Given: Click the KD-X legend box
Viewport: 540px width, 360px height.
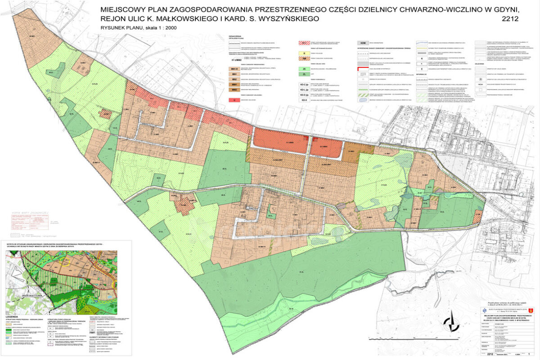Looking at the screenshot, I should click(306, 100).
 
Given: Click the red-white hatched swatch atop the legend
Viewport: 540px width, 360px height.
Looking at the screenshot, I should click(306, 42).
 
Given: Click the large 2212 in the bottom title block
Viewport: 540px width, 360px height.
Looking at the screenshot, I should click(489, 353).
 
